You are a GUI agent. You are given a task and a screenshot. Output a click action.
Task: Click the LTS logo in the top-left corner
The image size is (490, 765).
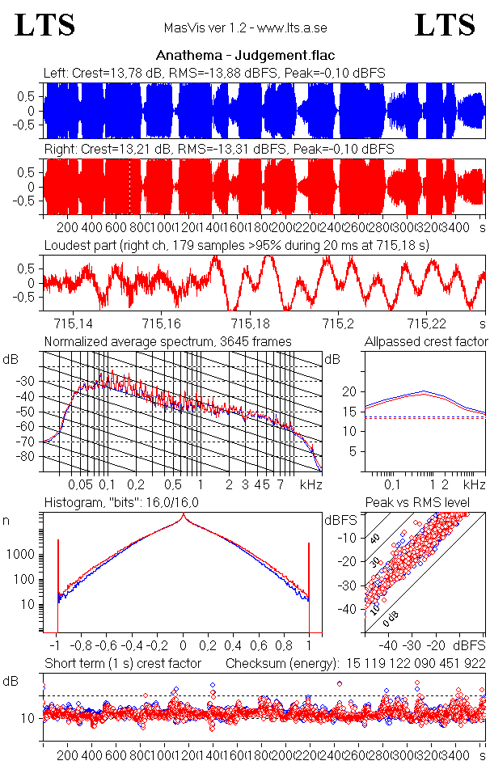45,25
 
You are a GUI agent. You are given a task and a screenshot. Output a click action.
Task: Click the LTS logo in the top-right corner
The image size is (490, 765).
445,25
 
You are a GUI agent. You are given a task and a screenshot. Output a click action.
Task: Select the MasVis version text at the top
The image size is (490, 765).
244,28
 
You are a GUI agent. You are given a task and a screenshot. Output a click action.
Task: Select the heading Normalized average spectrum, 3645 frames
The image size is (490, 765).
167,341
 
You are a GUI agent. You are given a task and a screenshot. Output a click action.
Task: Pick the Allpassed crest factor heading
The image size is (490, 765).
426,341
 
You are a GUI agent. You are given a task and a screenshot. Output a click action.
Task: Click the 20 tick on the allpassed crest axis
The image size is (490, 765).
349,392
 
